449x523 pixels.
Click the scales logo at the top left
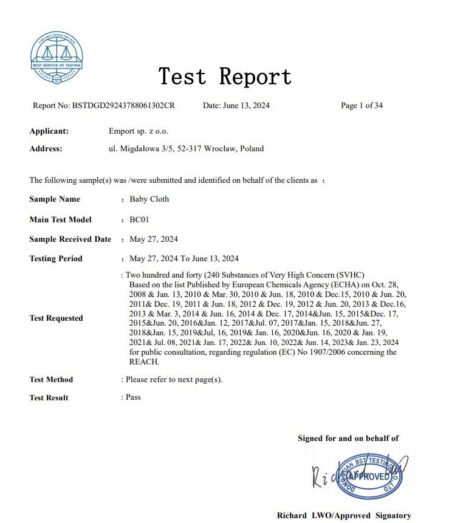coord(57,58)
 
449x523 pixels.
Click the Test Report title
coord(225,77)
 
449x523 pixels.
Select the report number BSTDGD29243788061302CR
coord(123,106)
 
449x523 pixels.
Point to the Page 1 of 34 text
coord(362,106)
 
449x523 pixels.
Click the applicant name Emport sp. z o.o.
coord(138,131)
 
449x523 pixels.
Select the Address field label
coord(46,148)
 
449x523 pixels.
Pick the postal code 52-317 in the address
coord(190,148)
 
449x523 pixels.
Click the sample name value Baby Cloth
coord(149,199)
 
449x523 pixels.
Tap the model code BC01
coord(140,219)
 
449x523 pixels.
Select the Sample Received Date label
coord(70,239)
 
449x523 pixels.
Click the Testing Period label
coord(56,259)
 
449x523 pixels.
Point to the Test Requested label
coord(56,318)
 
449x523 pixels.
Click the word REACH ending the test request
coord(144,362)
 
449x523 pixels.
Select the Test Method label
coord(51,380)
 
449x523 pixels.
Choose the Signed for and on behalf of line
coord(348,439)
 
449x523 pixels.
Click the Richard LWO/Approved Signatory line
coord(344,515)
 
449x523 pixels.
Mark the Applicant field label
coord(49,131)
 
